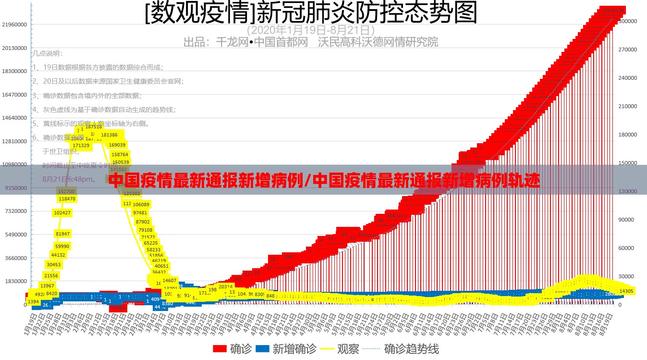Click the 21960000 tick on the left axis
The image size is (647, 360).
coord(14,25)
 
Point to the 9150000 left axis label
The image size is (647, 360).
coord(15,188)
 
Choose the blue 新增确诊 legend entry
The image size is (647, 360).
coord(286,349)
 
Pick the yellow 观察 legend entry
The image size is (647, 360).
coord(341,349)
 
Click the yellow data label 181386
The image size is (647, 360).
coord(110,135)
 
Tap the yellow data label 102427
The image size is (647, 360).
coord(62,213)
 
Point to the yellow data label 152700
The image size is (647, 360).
coord(66,191)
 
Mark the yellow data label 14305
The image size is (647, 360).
coord(626,291)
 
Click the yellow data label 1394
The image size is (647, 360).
coord(33,301)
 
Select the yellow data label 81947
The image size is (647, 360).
coord(62,234)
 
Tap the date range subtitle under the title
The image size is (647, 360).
coord(311,29)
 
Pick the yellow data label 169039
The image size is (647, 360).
coord(117,145)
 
